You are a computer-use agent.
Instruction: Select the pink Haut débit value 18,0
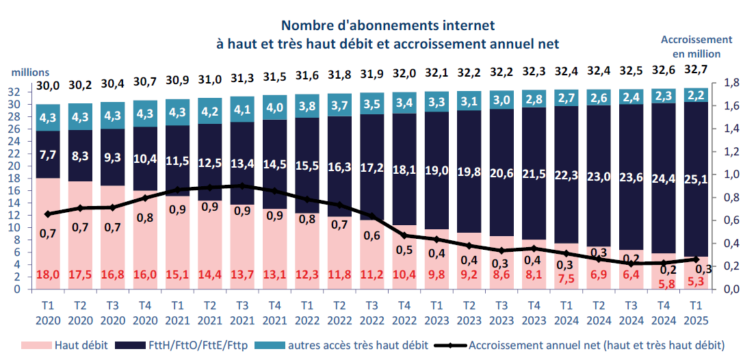click(48, 274)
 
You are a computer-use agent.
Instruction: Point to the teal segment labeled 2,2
click(696, 95)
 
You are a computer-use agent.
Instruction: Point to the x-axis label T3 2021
click(242, 313)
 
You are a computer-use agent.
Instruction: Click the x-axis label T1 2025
click(696, 313)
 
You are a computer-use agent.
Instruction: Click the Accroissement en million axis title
click(696, 47)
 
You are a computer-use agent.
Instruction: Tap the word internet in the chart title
click(462, 25)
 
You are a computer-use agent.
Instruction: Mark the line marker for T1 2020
click(47, 214)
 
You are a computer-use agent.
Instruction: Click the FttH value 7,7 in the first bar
click(48, 154)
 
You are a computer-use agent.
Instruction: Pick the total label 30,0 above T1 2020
click(48, 86)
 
